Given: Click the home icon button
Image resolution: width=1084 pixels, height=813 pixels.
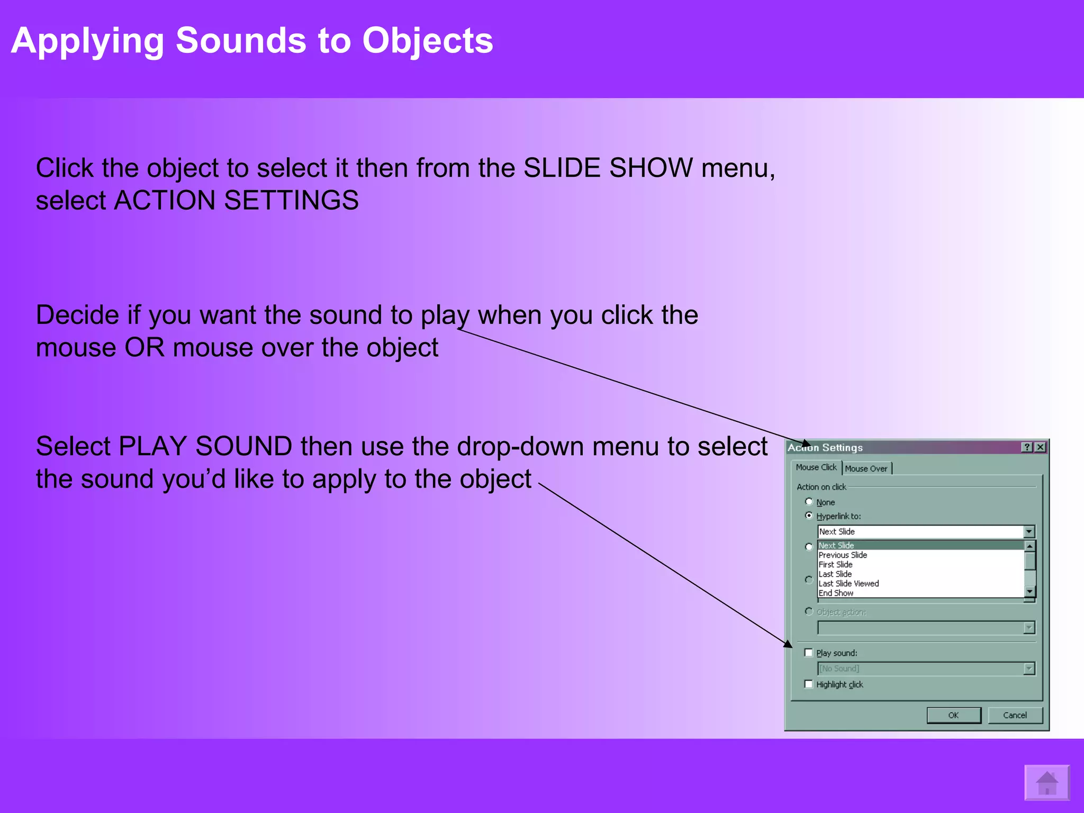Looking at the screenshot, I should pos(1046,783).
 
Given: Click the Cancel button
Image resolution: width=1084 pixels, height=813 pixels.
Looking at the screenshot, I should pos(1015,715).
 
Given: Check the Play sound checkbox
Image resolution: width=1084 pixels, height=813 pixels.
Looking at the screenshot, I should pos(808,653).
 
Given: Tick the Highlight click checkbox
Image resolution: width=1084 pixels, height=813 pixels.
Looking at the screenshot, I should pos(808,684).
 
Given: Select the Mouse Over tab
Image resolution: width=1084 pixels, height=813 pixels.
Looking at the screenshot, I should pos(866,468).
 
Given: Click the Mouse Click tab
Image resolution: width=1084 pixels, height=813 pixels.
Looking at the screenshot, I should pos(816,467).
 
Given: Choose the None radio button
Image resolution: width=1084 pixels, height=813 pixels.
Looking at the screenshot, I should pos(809,501).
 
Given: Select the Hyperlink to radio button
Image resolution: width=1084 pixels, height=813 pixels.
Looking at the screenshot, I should pos(809,516).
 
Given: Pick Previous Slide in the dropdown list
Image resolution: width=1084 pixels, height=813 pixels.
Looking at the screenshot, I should pos(843,555).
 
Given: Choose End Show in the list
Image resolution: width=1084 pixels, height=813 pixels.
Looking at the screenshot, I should pos(836,593).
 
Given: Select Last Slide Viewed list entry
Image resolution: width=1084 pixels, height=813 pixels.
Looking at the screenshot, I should pos(848,583).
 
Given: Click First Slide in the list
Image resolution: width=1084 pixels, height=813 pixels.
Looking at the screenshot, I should pos(835,564).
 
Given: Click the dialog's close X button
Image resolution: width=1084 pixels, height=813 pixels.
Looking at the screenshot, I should pos(1040,447).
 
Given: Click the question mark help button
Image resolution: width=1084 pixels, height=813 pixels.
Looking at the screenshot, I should pos(1027,447).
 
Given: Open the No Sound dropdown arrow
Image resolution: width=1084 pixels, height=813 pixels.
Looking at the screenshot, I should pos(1028,669).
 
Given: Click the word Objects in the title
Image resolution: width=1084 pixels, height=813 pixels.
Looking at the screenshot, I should pos(428,40).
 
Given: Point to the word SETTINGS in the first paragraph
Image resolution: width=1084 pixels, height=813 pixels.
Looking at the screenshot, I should pos(291,201).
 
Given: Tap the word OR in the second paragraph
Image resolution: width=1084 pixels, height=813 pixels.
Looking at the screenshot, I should pos(144,348).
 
